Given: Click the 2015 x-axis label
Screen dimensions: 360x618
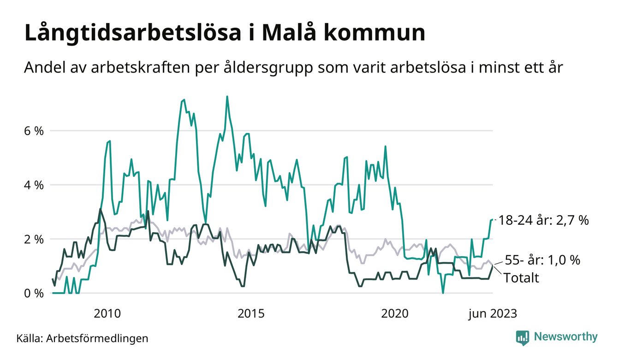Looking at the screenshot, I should coord(251,314).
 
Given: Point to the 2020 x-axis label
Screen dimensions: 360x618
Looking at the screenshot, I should coord(395,314).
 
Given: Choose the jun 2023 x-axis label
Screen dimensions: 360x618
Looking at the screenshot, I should coord(493,314).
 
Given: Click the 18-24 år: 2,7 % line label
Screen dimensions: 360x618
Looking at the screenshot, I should coord(543,221).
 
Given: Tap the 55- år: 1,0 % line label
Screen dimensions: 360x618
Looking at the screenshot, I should coord(542,260).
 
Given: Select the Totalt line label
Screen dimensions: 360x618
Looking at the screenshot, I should coord(521,278).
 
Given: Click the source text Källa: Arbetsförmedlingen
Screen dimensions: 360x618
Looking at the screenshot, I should coord(82,338).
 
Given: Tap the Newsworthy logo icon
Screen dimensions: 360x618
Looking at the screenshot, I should coord(522,337).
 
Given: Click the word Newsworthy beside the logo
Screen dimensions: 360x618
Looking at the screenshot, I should coord(565,337).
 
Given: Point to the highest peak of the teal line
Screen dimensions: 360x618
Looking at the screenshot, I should coord(227,96).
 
